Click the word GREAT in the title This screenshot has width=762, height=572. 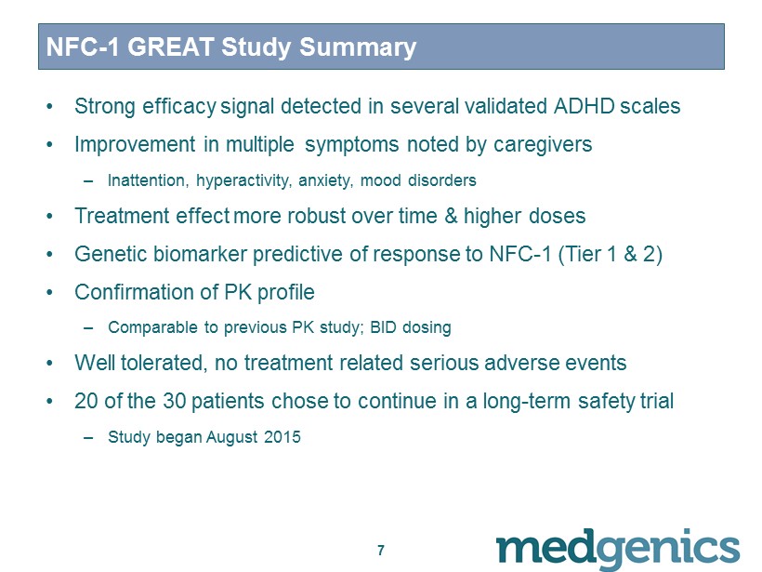(x=171, y=47)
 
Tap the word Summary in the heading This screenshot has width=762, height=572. (x=357, y=47)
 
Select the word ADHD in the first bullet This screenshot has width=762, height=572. (x=585, y=106)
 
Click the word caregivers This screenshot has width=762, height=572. (x=543, y=144)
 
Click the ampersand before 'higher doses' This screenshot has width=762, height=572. (x=451, y=216)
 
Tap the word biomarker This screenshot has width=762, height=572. (x=200, y=254)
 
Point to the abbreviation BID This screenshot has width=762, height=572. (x=383, y=327)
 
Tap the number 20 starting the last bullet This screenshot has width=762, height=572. (x=86, y=401)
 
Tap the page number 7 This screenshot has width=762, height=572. (x=381, y=550)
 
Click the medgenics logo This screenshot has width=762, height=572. (x=618, y=548)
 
